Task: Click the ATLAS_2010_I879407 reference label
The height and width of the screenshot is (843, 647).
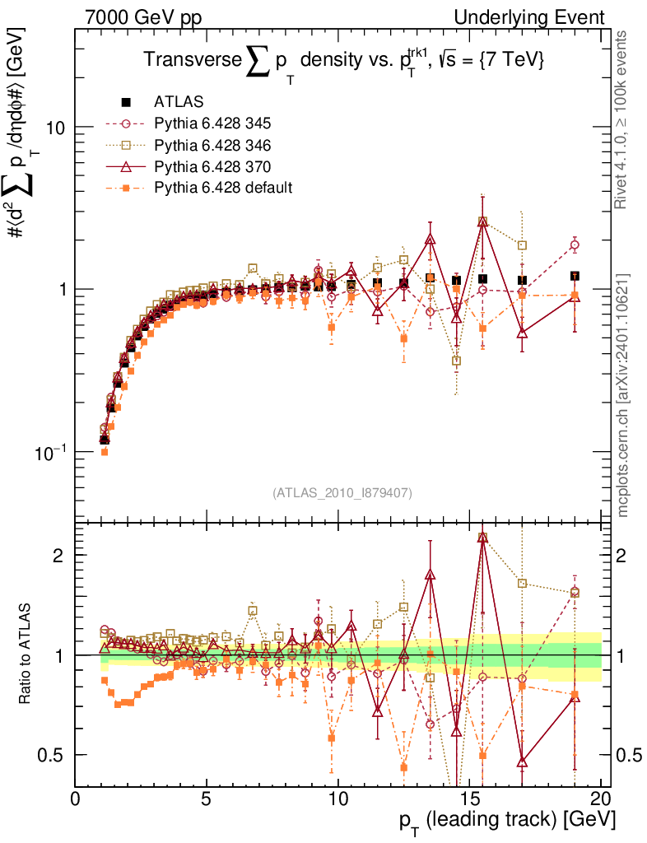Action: (342, 492)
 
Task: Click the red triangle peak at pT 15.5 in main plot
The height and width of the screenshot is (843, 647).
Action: (483, 221)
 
